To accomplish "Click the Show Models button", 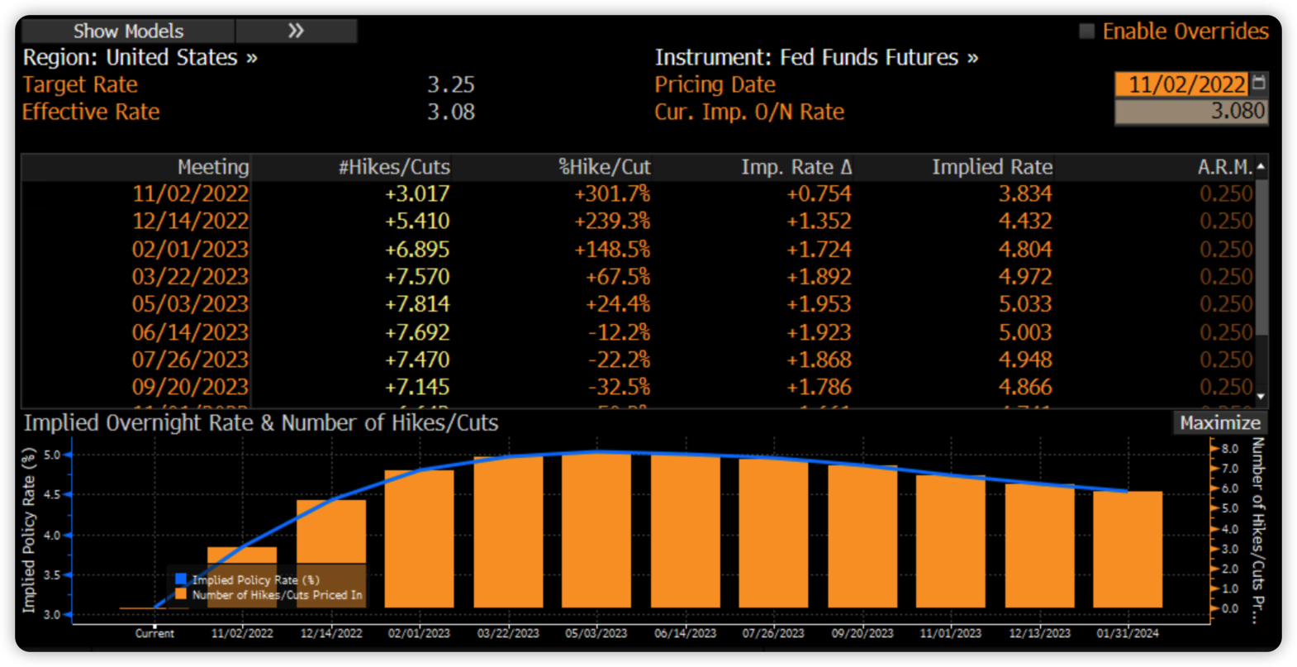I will [128, 31].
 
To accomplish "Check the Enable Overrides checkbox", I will [1087, 31].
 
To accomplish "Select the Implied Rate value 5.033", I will [1025, 304].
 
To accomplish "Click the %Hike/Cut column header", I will [604, 167].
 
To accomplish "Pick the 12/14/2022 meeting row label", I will [190, 222].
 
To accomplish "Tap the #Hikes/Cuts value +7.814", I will [417, 304].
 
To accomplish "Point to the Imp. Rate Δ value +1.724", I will [819, 250].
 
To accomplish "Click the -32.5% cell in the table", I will [619, 387].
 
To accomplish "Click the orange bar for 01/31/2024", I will [1128, 550].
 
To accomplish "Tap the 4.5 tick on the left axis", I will [53, 494].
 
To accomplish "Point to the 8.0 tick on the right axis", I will [1229, 449].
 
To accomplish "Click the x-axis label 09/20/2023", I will [862, 633].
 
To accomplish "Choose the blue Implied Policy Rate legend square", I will [181, 579].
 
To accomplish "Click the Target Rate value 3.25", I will [450, 84].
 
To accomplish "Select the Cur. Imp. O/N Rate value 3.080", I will [1237, 112].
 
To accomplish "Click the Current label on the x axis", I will [154, 633].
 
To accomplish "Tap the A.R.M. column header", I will [1224, 167].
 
